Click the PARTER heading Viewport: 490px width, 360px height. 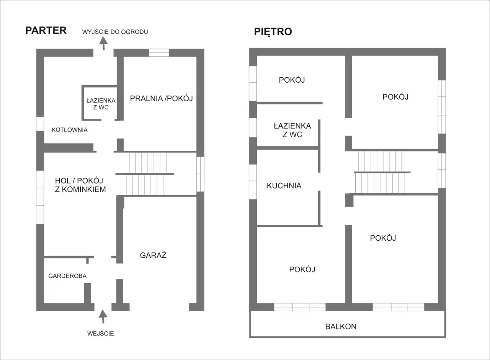coord(46,30)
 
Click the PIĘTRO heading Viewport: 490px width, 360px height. coord(273,31)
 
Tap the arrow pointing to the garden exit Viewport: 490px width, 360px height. coord(103,43)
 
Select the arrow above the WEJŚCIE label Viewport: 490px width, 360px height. coord(103,316)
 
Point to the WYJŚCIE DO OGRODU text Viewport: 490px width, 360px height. coord(115,32)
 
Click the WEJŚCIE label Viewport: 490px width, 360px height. coord(101,334)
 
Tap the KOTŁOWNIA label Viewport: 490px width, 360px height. coord(70,130)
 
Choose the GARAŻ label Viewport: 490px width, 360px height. coord(153,255)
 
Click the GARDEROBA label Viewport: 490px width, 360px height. coord(67,276)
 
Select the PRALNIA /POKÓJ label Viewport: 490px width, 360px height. coord(162,98)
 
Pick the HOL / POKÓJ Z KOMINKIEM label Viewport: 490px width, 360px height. coord(80,185)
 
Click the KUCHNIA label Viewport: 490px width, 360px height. coord(284,186)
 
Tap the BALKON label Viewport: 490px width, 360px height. coord(341,326)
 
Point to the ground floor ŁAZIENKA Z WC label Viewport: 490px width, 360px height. coord(101,104)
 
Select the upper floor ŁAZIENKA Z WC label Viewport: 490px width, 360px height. coord(292,130)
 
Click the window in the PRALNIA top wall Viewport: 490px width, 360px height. coord(159,53)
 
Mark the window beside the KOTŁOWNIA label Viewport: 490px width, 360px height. coord(40,124)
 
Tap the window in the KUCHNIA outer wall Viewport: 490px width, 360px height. coord(253,182)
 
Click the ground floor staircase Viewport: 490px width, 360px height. coord(147,174)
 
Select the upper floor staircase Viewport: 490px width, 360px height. coord(382,172)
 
